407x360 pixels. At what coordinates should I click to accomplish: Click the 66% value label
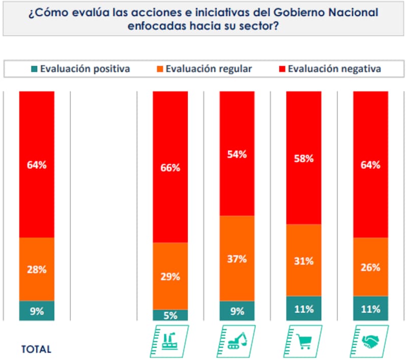click(x=170, y=168)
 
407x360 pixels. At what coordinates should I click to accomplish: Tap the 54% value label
click(x=237, y=155)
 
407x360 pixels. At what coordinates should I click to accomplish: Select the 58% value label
click(x=304, y=159)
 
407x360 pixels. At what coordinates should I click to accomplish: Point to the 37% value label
click(x=237, y=259)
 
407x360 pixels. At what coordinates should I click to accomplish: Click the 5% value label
click(x=170, y=316)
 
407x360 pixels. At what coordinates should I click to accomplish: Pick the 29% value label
click(x=170, y=277)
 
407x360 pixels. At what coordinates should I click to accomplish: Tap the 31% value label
click(x=304, y=261)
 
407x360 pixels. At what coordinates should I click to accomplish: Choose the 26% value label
click(x=370, y=267)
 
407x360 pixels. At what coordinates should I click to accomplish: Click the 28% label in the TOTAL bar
click(x=37, y=269)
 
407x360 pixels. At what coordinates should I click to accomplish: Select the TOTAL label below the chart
click(x=36, y=349)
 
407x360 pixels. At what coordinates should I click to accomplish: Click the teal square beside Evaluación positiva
click(x=34, y=69)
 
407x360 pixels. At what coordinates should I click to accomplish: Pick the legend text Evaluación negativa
click(x=334, y=69)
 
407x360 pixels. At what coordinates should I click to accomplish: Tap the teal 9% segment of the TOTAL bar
click(x=37, y=311)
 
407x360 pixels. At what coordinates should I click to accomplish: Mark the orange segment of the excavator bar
click(x=237, y=244)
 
